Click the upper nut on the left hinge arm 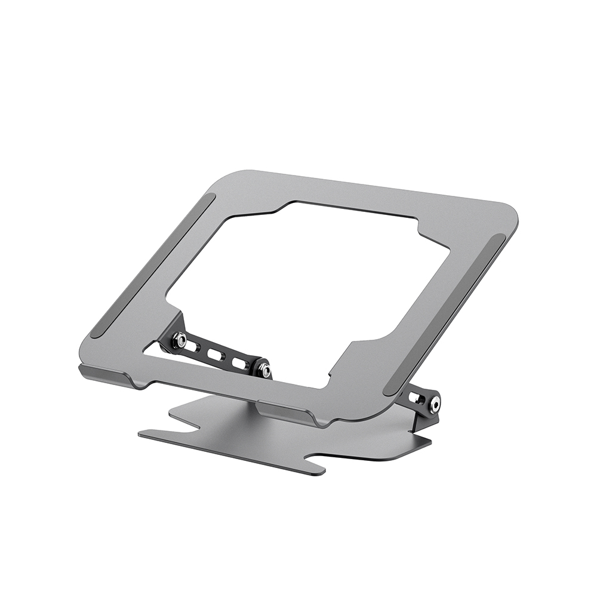(x=179, y=341)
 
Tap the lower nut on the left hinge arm (x=263, y=370)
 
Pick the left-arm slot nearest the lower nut (x=240, y=363)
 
